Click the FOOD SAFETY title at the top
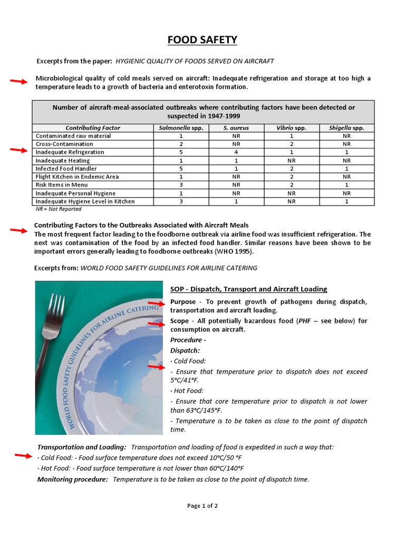pyautogui.click(x=202, y=40)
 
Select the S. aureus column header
pyautogui.click(x=236, y=128)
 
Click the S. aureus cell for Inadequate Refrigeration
pyautogui.click(x=236, y=152)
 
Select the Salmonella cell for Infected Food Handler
pyautogui.click(x=180, y=169)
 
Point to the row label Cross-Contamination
pyautogui.click(x=64, y=144)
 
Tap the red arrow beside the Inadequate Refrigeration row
pyautogui.click(x=19, y=151)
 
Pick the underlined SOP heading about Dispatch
pyautogui.click(x=248, y=289)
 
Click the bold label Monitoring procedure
pyautogui.click(x=72, y=479)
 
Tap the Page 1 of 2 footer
pyautogui.click(x=202, y=506)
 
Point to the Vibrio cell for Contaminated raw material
pyautogui.click(x=292, y=136)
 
